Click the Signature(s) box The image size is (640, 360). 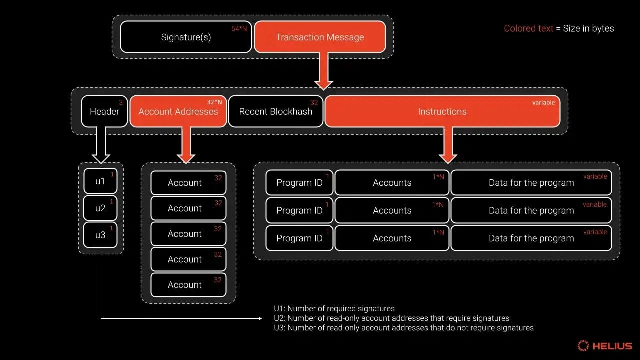(186, 37)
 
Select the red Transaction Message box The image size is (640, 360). (320, 37)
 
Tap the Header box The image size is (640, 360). (104, 111)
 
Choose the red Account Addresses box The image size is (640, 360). (178, 111)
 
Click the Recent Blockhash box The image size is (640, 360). (275, 111)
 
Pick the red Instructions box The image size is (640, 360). (442, 111)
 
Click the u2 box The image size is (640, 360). (100, 208)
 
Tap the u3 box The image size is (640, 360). (100, 235)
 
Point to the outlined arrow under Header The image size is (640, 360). (101, 145)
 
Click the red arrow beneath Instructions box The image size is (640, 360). (447, 145)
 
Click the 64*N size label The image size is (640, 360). (239, 29)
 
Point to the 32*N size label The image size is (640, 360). (215, 102)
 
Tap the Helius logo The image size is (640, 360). (604, 346)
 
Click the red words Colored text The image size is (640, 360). (528, 28)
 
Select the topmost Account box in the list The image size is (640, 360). (188, 183)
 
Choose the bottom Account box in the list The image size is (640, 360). (188, 285)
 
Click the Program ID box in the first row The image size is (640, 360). (299, 183)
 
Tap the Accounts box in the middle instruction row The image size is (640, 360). (392, 210)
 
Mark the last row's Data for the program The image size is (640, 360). (531, 238)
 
